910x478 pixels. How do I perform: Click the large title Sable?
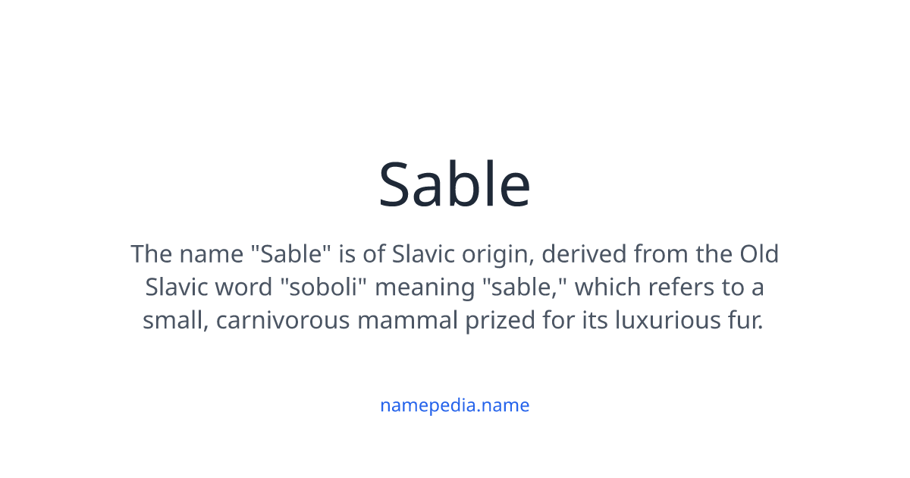[x=454, y=184]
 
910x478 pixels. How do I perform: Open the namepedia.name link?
[x=454, y=405]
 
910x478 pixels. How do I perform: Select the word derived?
[x=585, y=253]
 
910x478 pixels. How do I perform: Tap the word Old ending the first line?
[x=759, y=253]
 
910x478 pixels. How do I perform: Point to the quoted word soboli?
[x=329, y=288]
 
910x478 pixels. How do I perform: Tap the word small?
[x=175, y=321]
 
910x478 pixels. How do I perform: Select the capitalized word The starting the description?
[x=152, y=253]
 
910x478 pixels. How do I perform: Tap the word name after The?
[x=212, y=253]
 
